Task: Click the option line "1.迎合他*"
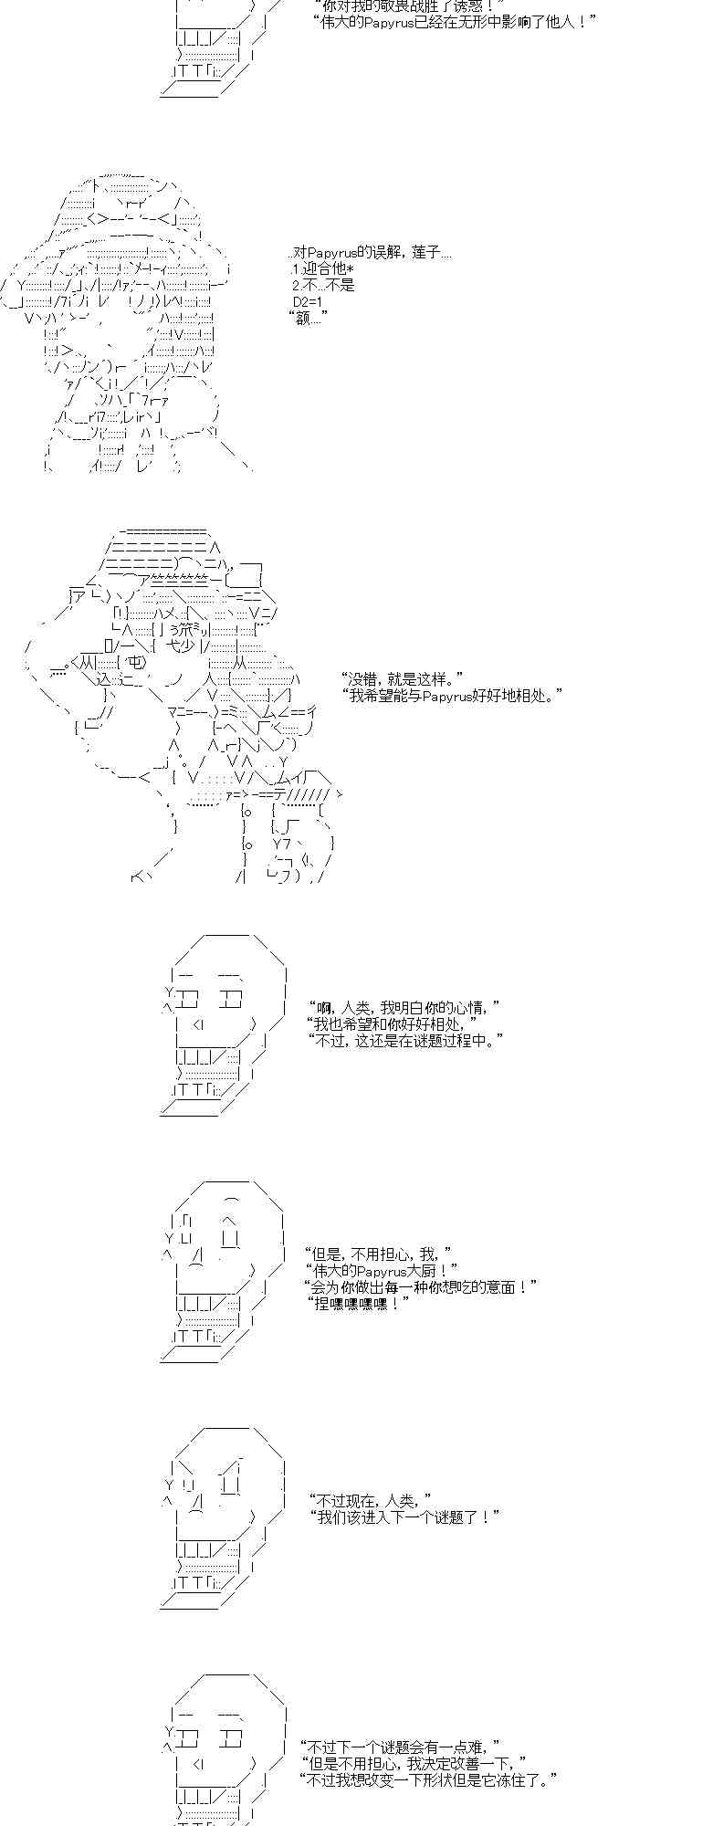(x=321, y=269)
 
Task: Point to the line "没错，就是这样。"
(x=402, y=678)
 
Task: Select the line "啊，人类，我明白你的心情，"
(x=405, y=1007)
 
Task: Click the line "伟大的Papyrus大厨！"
(x=384, y=1270)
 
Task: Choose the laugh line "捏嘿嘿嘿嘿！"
(x=359, y=1304)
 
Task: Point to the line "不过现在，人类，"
(x=371, y=1500)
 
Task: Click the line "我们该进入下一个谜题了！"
(x=405, y=1516)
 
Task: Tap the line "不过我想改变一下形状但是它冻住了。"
(x=428, y=1779)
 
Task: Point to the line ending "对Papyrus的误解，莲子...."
(x=369, y=252)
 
